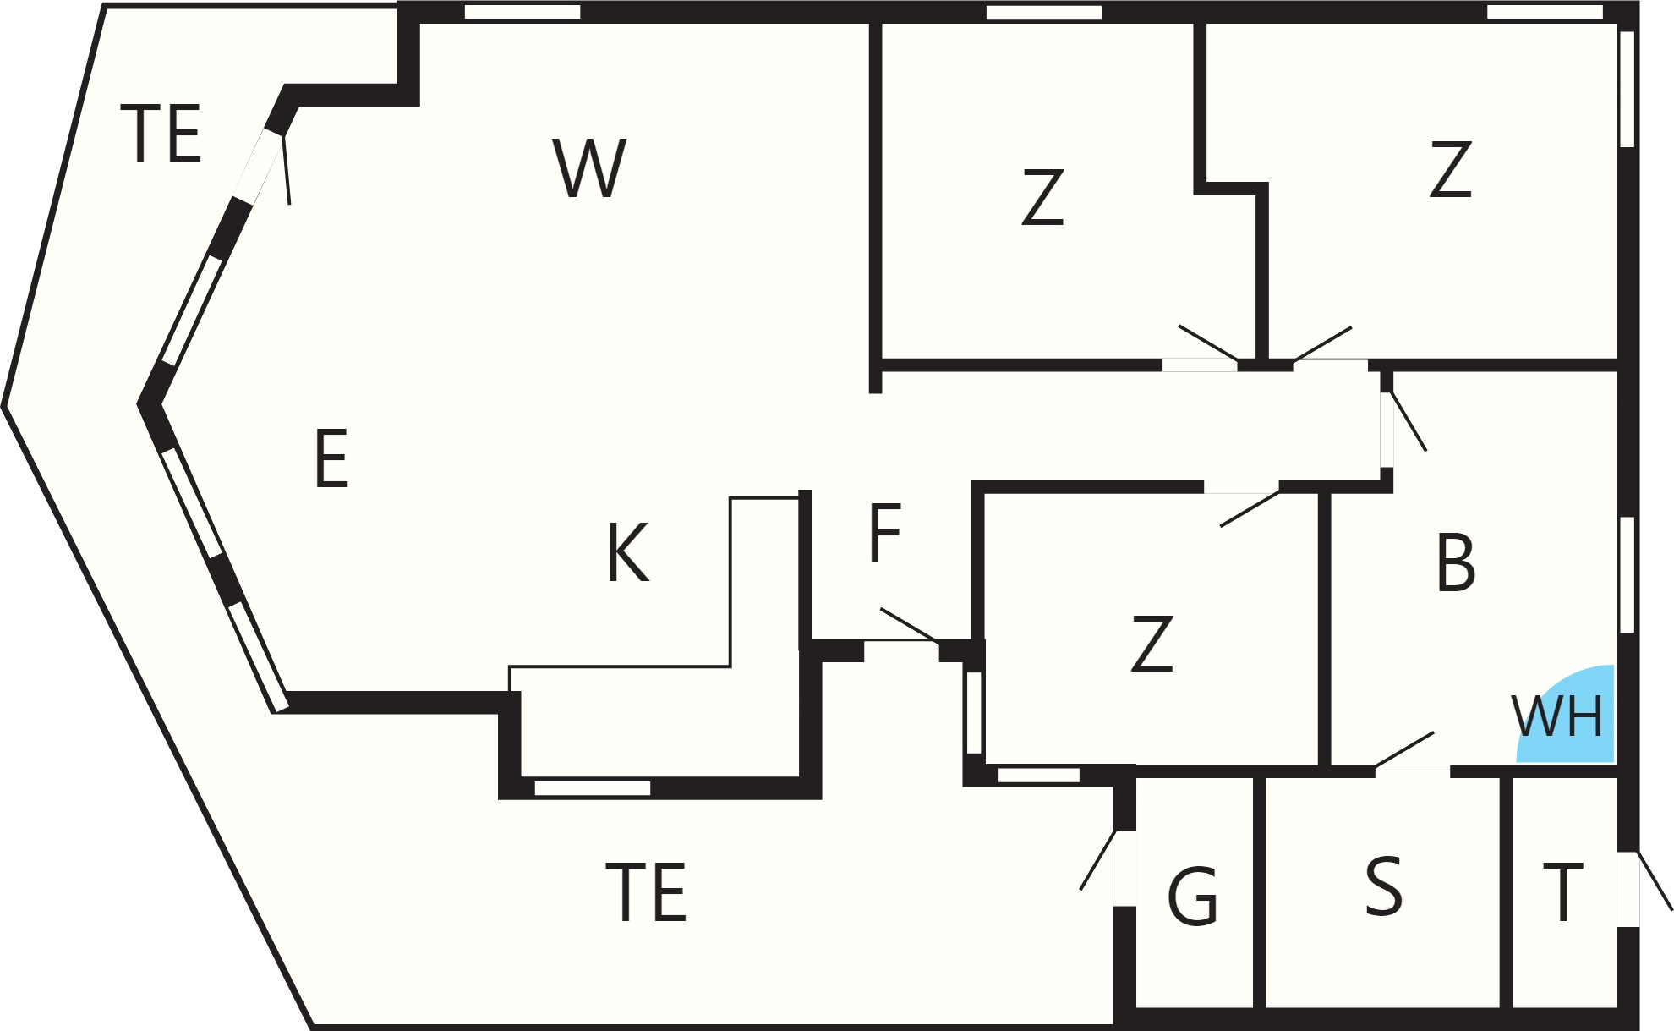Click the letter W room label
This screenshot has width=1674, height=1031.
(x=589, y=168)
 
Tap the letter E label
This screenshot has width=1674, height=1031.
(x=331, y=458)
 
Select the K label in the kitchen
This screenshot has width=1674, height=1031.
(x=628, y=552)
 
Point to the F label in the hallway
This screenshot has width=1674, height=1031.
(x=885, y=532)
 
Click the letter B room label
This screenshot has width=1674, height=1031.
(x=1455, y=562)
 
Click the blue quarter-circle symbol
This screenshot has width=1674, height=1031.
(x=1566, y=714)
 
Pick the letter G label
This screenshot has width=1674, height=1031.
(x=1192, y=897)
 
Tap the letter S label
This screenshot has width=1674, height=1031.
(x=1383, y=886)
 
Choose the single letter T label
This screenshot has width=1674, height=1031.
(x=1562, y=892)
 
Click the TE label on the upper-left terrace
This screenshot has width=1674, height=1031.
(x=161, y=133)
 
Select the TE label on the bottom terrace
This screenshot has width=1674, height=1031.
(x=646, y=891)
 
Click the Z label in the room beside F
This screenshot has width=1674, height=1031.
(x=1152, y=644)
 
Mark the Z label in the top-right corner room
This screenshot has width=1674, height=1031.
(x=1451, y=169)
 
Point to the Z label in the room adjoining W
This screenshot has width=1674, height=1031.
(x=1042, y=197)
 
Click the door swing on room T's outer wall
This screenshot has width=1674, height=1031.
(x=1655, y=881)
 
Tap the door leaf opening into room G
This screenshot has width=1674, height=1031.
(x=1097, y=860)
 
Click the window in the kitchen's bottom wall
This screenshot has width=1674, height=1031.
(x=593, y=788)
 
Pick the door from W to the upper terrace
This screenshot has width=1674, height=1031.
(x=286, y=169)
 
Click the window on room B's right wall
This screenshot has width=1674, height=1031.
(x=1627, y=574)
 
